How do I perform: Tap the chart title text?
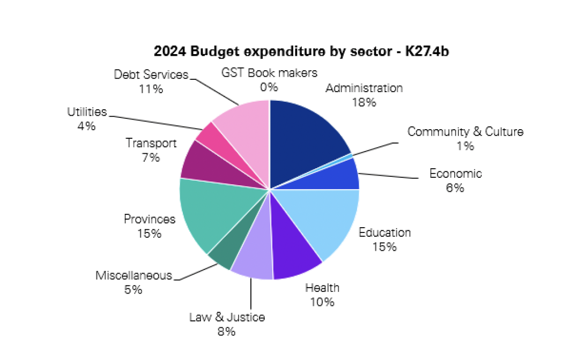(305, 52)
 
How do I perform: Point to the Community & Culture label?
(465, 132)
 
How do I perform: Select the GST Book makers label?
(270, 73)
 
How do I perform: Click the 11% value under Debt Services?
(151, 89)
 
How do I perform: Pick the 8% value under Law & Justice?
(227, 332)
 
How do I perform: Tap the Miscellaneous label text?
(134, 276)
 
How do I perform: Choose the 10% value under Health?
(322, 302)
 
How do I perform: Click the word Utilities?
(87, 112)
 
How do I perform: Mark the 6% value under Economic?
(455, 188)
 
